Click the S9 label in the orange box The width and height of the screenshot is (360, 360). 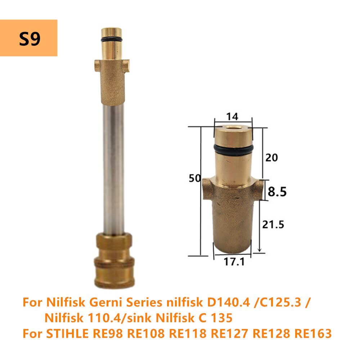30,39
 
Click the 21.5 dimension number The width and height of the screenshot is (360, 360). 273,225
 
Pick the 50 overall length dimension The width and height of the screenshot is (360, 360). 195,178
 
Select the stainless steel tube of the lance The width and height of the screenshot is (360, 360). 112,166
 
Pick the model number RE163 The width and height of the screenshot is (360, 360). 312,333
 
